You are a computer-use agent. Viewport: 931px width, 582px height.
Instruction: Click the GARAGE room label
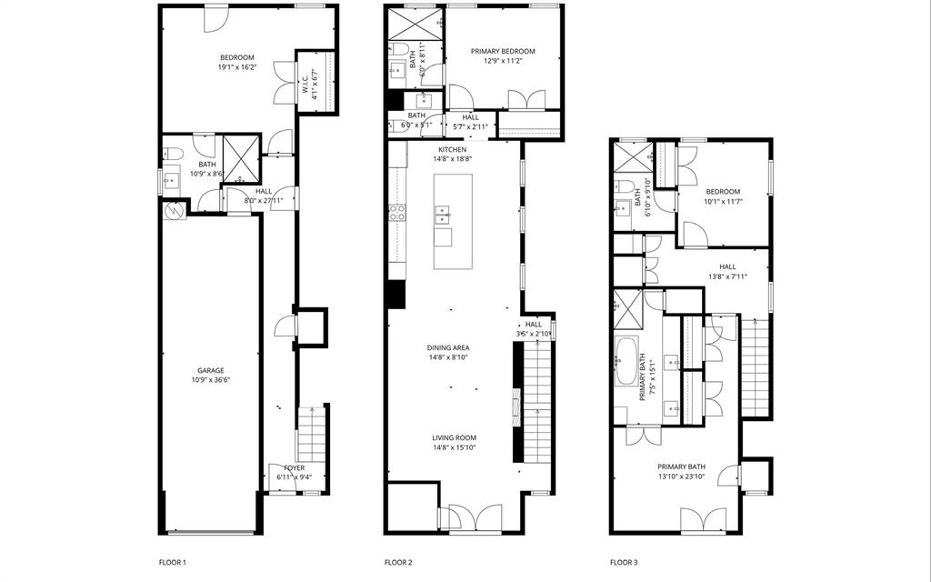coord(211,370)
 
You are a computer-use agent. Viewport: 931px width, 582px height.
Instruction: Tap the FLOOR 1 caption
coord(172,563)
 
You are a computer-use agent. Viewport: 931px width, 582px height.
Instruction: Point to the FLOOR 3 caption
coord(624,563)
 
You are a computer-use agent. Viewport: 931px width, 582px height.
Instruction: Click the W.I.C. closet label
coord(305,84)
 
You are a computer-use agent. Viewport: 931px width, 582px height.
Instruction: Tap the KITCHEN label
coord(453,149)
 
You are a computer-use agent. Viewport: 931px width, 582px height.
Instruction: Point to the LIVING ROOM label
coord(454,437)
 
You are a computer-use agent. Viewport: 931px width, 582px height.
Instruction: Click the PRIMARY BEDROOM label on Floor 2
coord(503,52)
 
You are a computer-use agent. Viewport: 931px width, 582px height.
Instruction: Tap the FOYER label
coord(294,467)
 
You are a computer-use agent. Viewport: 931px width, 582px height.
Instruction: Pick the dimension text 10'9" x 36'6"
coord(211,380)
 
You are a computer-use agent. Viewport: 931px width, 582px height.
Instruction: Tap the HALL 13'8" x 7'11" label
coord(727,266)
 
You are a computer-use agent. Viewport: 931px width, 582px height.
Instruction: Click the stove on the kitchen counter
coord(397,214)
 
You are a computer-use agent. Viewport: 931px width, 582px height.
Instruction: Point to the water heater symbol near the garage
coord(174,210)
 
